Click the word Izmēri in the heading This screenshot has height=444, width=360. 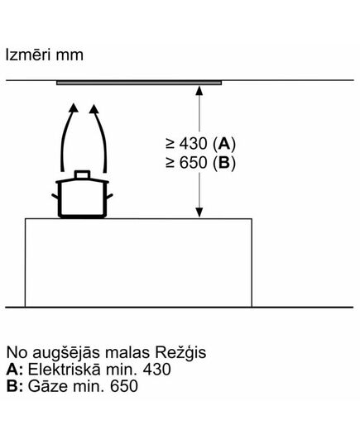pyautogui.click(x=28, y=55)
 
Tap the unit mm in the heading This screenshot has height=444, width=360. pyautogui.click(x=70, y=56)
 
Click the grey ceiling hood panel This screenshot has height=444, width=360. pyautogui.click(x=139, y=83)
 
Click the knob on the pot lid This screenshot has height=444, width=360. pyautogui.click(x=82, y=174)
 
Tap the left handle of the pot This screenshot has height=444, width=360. pyautogui.click(x=55, y=196)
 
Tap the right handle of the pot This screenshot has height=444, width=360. pyautogui.click(x=110, y=196)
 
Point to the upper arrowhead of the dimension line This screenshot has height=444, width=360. pyautogui.click(x=199, y=91)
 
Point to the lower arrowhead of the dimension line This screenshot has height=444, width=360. pyautogui.click(x=199, y=212)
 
